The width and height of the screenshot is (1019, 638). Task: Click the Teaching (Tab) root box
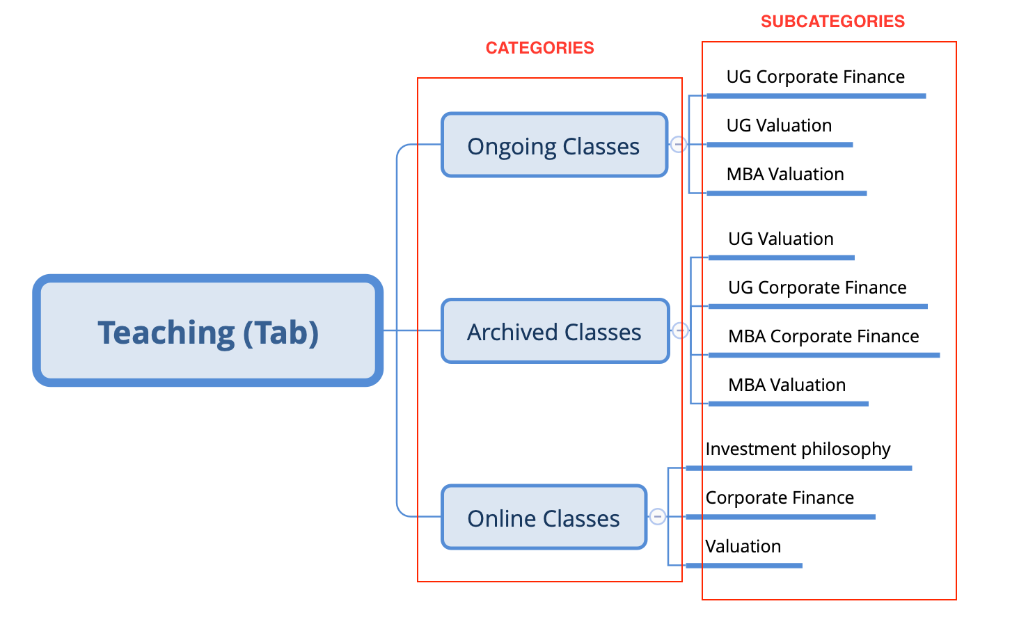(x=207, y=331)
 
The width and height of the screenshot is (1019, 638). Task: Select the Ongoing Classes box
(x=554, y=145)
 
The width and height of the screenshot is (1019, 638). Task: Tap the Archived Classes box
(x=555, y=332)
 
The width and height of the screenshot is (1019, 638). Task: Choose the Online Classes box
(x=544, y=518)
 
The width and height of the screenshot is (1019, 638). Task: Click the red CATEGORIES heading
(x=539, y=48)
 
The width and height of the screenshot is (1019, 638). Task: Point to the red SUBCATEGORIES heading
(x=832, y=22)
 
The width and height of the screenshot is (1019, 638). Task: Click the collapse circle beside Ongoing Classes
(x=678, y=144)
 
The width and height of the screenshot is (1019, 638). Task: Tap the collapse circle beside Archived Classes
(x=680, y=330)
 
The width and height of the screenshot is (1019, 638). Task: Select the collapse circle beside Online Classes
(x=657, y=516)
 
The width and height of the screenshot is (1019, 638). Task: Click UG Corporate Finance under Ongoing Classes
(x=815, y=77)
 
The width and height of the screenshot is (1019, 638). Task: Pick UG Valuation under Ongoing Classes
(x=779, y=125)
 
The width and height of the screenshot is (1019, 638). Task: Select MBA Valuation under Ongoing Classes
(x=785, y=174)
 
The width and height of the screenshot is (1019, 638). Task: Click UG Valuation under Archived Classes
(x=780, y=239)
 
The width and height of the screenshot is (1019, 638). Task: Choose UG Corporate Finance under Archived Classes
(x=817, y=287)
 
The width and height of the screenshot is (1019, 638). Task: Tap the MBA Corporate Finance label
(x=823, y=336)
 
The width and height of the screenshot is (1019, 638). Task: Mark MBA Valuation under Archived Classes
(x=787, y=385)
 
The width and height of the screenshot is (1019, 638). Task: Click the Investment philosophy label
(x=798, y=449)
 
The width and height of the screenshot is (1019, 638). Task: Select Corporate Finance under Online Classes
(x=780, y=497)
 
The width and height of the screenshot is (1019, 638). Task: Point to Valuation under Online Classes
(x=743, y=546)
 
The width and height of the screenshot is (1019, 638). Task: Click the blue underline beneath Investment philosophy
(x=798, y=468)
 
